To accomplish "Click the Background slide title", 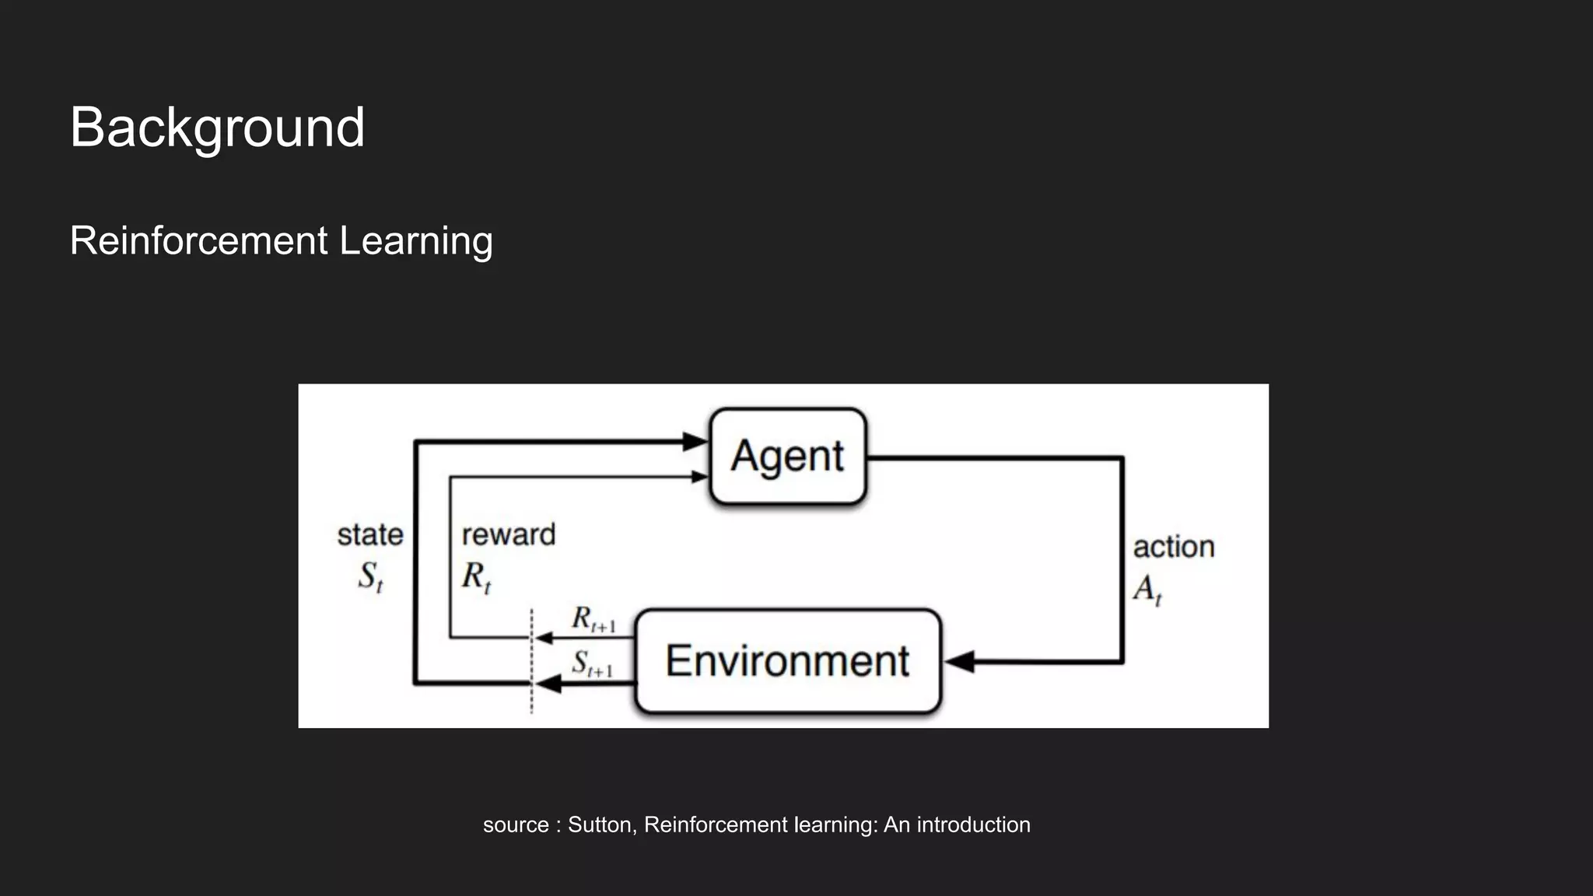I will (217, 128).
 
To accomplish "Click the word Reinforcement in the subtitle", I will (198, 240).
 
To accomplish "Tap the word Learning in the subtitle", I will (416, 240).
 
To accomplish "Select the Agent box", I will (788, 457).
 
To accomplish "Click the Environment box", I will (788, 661).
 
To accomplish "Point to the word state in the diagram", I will (370, 535).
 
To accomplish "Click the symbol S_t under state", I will (370, 577).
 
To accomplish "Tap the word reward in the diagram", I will (509, 535).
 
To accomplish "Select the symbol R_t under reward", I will (475, 577).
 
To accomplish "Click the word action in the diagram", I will (1174, 547).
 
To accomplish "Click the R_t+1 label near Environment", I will (593, 619).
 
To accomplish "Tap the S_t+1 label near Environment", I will (591, 663).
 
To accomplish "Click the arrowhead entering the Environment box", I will (960, 662).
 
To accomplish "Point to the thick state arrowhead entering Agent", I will (695, 442).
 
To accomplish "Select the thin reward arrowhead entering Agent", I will (699, 477).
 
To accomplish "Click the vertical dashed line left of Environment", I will (531, 661).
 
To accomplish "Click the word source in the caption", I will (516, 824).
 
